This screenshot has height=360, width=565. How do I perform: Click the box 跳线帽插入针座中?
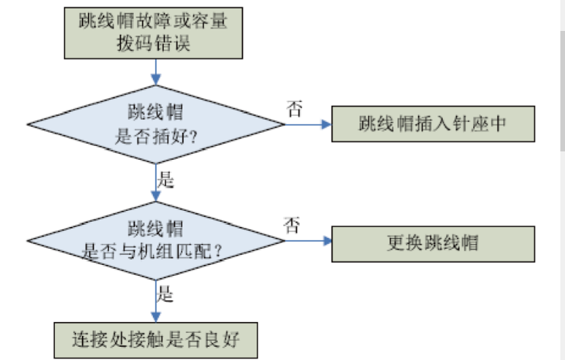[x=432, y=124]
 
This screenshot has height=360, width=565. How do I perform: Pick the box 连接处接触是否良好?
[x=155, y=339]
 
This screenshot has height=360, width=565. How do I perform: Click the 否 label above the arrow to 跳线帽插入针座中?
[x=294, y=107]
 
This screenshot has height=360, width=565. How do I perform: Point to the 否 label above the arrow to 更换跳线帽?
[x=292, y=226]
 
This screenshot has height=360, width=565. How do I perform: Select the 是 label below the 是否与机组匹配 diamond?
[x=165, y=295]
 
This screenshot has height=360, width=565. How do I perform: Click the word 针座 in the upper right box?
[x=471, y=124]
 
